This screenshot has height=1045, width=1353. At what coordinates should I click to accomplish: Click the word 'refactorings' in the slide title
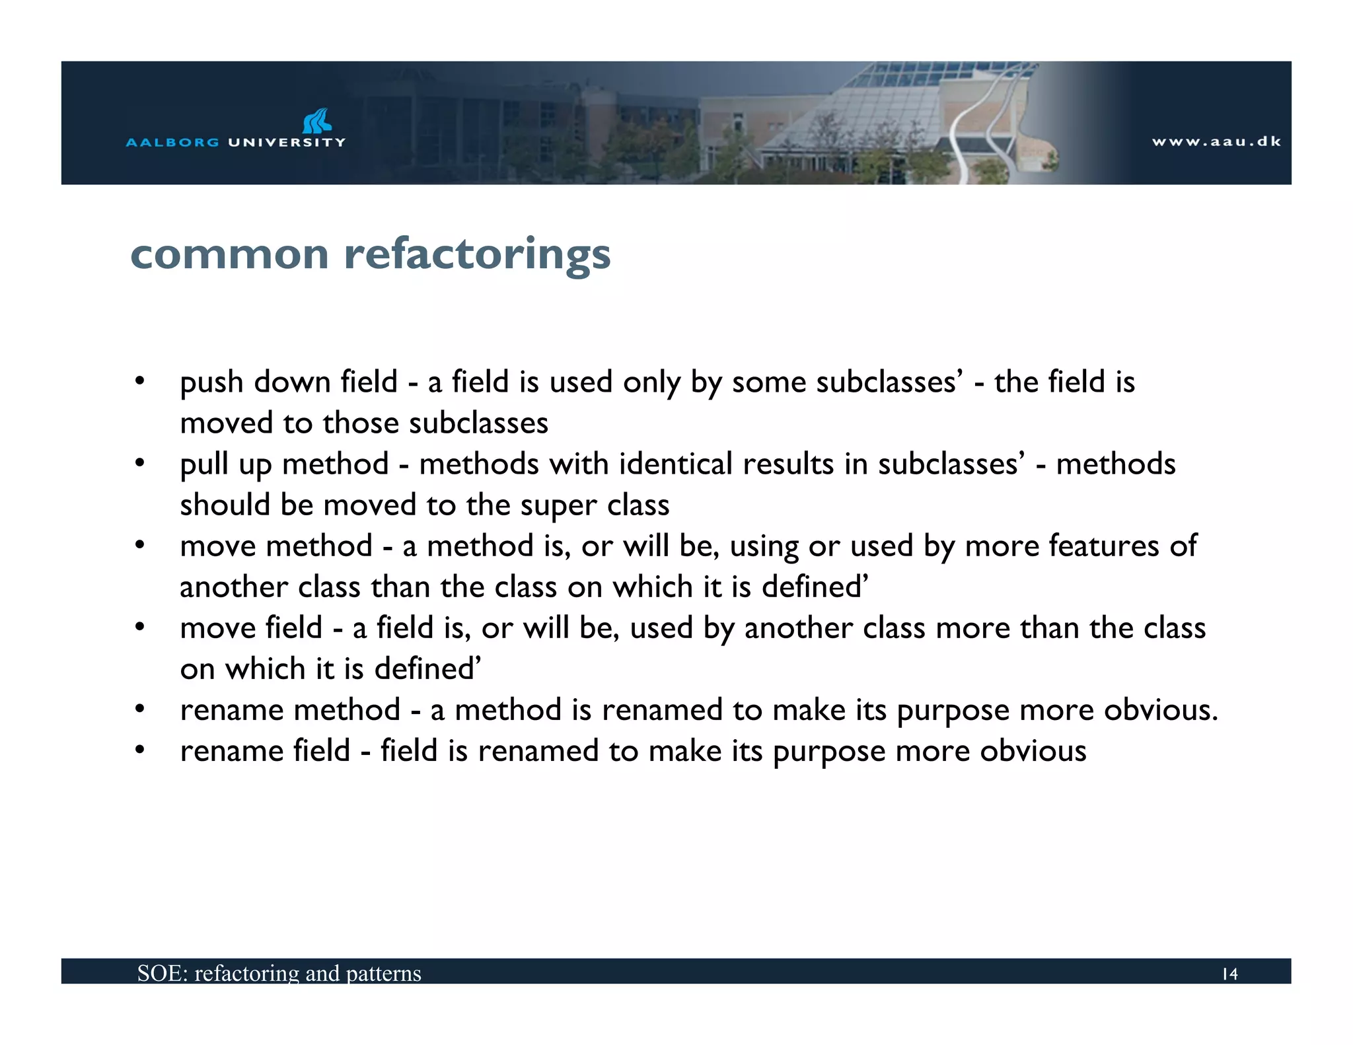477,254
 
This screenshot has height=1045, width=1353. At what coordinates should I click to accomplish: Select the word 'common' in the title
229,254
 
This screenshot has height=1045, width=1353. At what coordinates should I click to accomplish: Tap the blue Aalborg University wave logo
316,122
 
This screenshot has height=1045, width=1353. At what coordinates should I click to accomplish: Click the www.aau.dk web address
1216,141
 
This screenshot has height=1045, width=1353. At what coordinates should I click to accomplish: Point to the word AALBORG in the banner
172,142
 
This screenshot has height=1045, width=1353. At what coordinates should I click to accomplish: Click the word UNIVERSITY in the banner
287,142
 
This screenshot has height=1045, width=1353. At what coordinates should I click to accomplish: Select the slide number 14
1229,974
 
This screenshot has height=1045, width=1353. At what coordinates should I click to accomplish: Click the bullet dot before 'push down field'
139,381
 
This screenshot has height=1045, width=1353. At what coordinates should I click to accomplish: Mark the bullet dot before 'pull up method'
139,463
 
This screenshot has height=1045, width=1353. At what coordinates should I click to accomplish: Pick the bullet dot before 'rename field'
139,750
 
